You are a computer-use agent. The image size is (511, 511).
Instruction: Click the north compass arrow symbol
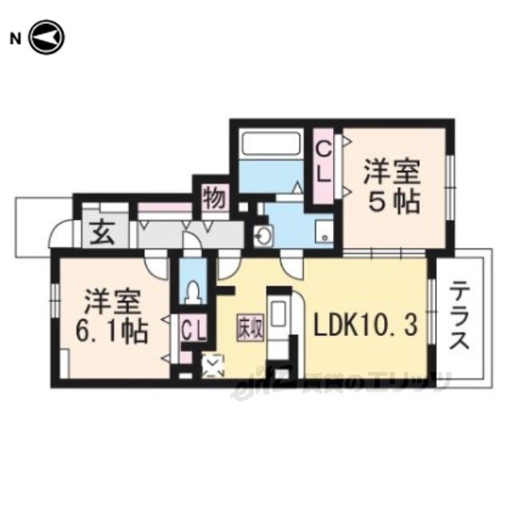(x=46, y=38)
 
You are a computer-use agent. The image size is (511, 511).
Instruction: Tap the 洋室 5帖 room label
(x=393, y=186)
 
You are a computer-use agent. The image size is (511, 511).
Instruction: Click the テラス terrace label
(x=458, y=317)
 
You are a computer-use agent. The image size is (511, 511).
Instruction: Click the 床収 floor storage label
(x=248, y=327)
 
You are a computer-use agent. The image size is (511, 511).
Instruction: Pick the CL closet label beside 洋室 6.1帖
(x=190, y=328)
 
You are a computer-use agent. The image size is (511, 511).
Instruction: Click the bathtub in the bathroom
(x=272, y=146)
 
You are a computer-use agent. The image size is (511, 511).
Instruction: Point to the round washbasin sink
(x=263, y=236)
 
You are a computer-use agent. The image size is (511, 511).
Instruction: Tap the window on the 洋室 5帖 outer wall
(x=450, y=184)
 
